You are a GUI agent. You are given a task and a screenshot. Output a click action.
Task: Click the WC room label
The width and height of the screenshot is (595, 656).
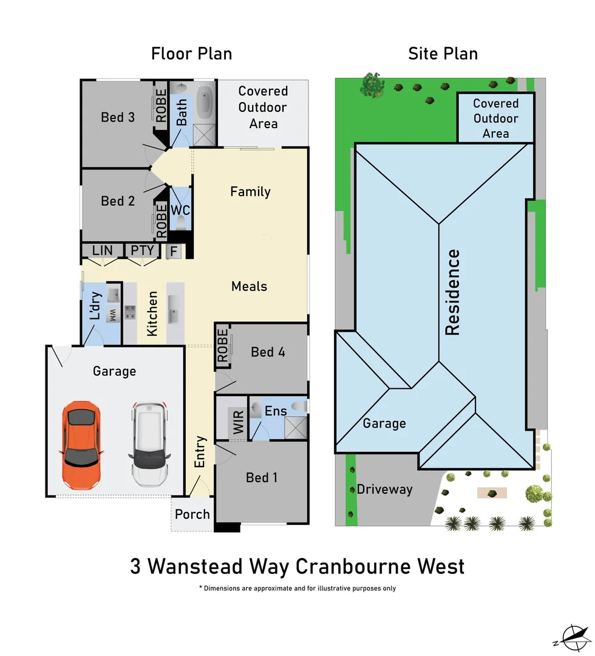[x=180, y=211]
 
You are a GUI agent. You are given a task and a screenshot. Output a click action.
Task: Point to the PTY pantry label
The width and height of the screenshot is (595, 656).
[x=143, y=250]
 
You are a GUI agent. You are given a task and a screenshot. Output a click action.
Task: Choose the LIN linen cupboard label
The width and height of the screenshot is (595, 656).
[x=103, y=250]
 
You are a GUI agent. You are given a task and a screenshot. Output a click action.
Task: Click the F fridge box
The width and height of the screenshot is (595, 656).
[x=174, y=251]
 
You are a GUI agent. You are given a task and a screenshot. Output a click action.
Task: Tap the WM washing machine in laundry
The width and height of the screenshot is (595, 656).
[x=112, y=315]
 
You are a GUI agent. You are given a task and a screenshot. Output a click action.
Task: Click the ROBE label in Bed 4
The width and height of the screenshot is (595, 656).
[x=223, y=346]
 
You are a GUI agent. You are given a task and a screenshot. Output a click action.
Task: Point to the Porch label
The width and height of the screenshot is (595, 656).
[x=192, y=514]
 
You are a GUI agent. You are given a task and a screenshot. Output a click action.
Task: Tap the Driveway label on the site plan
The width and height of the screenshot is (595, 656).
[x=384, y=489]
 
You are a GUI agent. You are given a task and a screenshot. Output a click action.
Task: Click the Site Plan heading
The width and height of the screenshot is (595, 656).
[x=443, y=53]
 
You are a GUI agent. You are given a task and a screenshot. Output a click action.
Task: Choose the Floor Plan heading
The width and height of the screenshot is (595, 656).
[x=191, y=53]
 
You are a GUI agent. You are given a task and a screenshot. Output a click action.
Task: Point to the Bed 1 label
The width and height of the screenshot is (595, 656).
[x=262, y=477]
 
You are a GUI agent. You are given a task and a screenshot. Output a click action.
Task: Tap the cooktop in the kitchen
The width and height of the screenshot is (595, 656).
[x=130, y=312]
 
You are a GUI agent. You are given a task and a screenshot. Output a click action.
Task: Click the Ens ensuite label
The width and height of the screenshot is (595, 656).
[x=276, y=411]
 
